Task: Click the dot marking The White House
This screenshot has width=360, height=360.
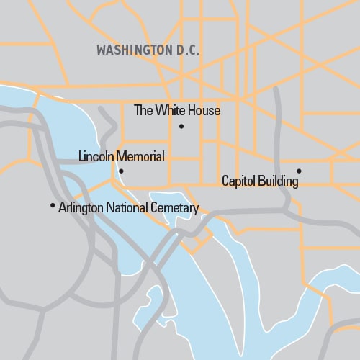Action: click(x=181, y=127)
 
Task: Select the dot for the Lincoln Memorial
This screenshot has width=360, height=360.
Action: click(x=121, y=171)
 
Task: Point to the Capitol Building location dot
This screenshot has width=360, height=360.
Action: click(x=299, y=171)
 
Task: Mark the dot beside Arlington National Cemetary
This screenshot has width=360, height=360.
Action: click(x=53, y=206)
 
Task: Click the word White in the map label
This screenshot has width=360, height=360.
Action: click(x=171, y=111)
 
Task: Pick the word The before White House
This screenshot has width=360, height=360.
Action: click(x=144, y=111)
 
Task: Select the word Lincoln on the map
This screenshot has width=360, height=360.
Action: click(x=96, y=156)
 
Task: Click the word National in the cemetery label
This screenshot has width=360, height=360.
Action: click(x=127, y=209)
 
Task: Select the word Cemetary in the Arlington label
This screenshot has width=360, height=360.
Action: click(x=174, y=209)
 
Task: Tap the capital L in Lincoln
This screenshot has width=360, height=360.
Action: click(x=81, y=156)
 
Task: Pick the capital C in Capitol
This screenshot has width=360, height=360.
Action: click(x=225, y=182)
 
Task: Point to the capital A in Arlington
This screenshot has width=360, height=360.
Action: click(x=62, y=209)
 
